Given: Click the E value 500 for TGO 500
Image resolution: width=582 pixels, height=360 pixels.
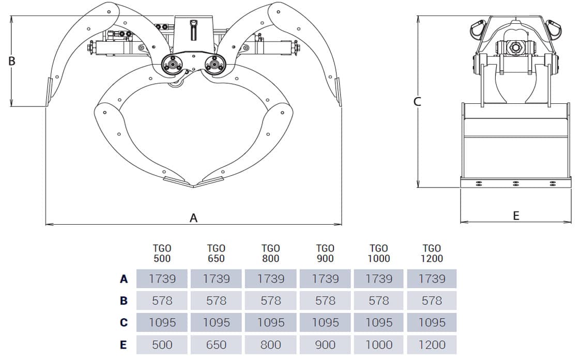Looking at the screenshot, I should [162, 344].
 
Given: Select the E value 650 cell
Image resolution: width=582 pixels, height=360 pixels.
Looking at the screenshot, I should [216, 344].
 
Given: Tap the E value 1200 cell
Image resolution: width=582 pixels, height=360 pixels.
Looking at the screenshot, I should [432, 344].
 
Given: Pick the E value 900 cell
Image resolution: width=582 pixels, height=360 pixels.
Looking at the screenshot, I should [325, 344].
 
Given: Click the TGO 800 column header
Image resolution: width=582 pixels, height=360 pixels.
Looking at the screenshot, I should [270, 253].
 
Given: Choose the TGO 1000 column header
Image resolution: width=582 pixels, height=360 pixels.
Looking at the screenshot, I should [379, 253].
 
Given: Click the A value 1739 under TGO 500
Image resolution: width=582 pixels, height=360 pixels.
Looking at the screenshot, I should [162, 279].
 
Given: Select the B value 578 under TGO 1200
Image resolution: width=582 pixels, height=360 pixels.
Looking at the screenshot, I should [432, 301].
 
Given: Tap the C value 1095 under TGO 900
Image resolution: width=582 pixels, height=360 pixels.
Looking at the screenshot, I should [325, 322].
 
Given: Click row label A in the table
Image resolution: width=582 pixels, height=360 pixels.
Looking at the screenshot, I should [124, 279].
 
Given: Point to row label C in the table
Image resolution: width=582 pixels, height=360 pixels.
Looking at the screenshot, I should [124, 323].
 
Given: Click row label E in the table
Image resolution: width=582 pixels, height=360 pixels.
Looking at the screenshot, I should [124, 345].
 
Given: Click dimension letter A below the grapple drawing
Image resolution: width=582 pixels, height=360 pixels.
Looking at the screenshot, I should [193, 218].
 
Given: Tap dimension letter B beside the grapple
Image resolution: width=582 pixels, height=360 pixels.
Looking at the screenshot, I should [12, 61].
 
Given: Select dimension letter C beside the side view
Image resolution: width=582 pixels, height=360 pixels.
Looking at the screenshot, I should [418, 102].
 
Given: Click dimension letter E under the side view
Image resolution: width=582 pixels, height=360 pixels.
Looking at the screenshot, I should [516, 216].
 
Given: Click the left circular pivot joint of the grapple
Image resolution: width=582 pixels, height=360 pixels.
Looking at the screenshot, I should [172, 65].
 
